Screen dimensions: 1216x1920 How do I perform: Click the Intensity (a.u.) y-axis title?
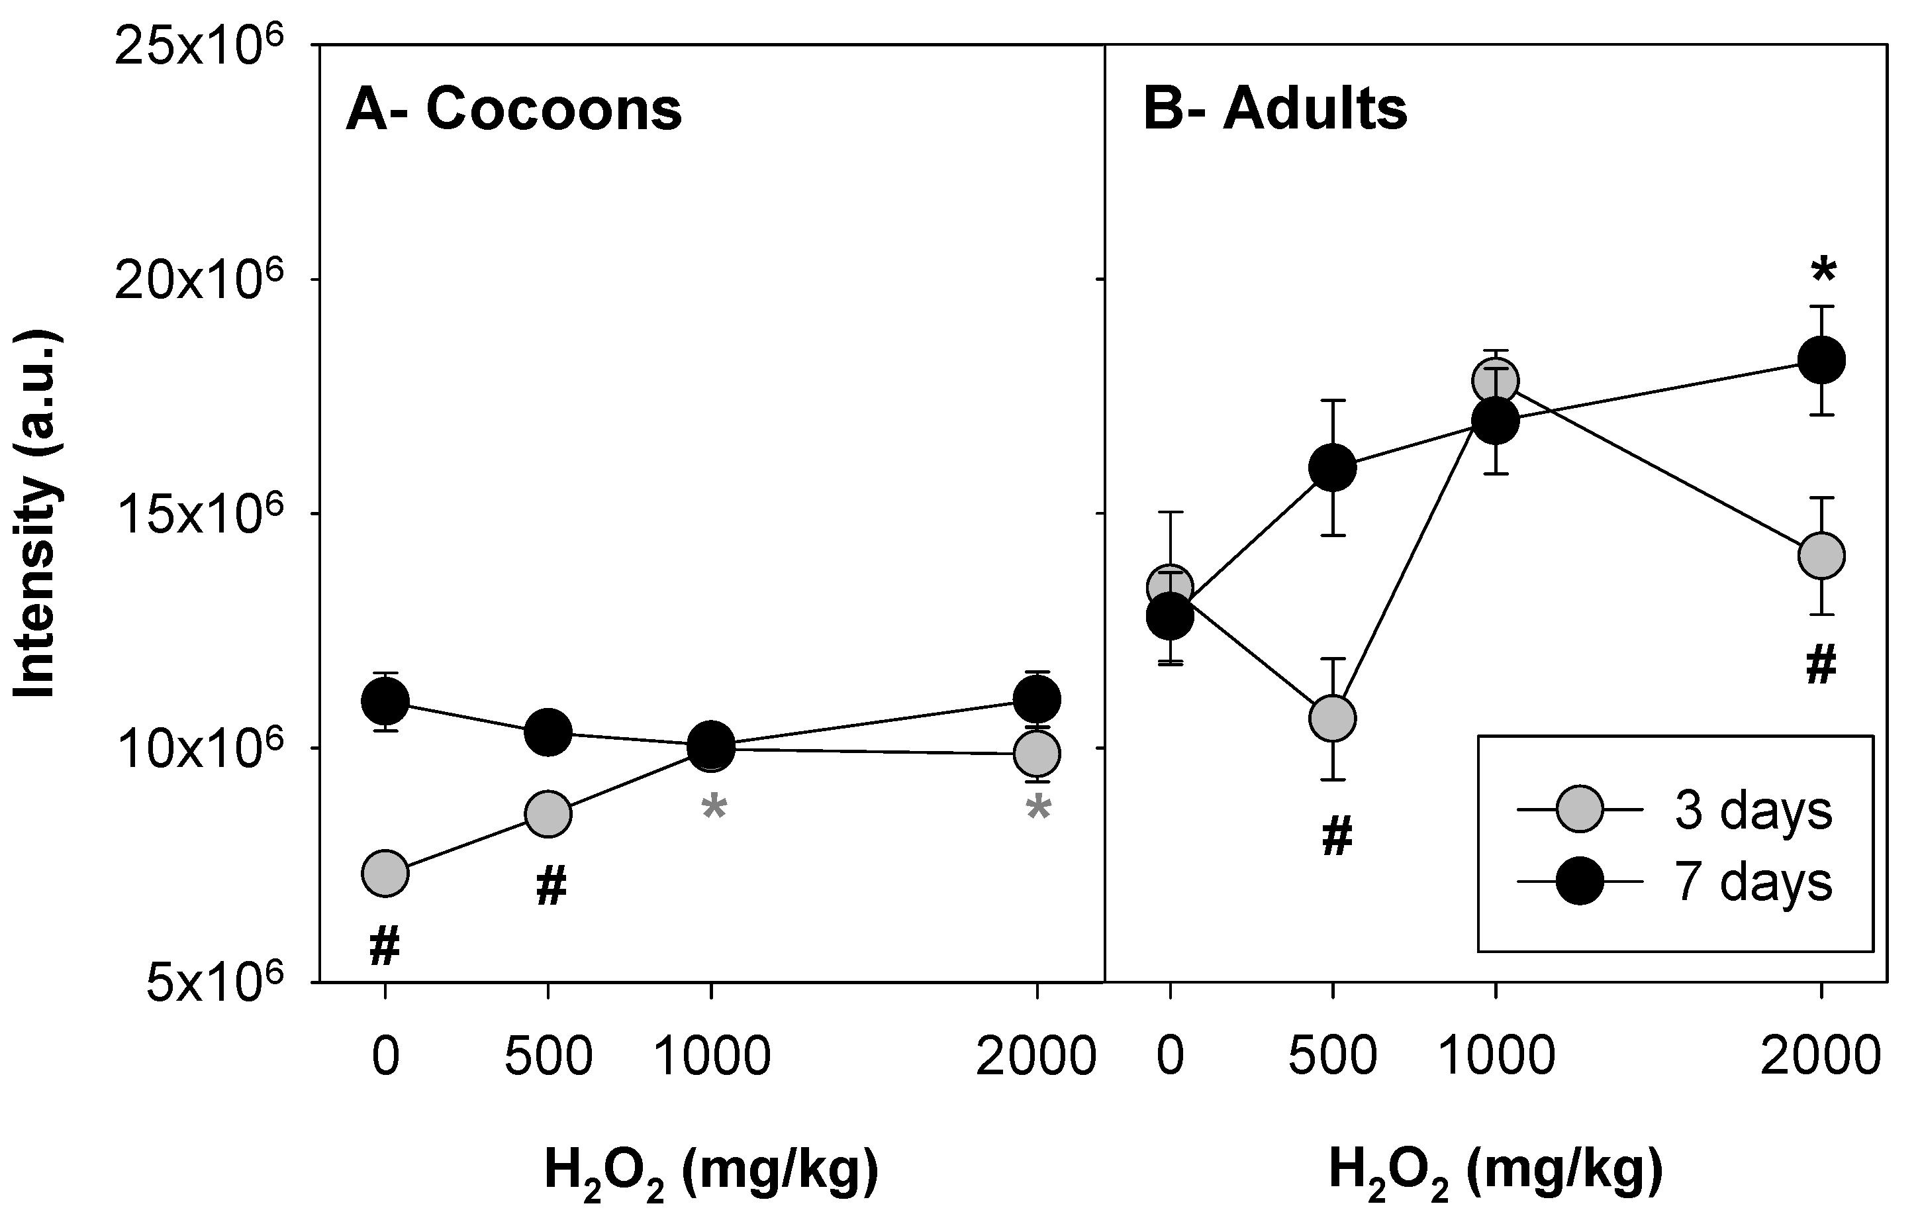point(36,515)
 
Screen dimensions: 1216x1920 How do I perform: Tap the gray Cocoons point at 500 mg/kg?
point(548,814)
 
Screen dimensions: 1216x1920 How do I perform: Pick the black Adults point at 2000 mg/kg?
point(1821,360)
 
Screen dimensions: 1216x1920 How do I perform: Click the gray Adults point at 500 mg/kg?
point(1332,719)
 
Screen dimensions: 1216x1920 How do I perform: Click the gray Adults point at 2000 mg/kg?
point(1821,555)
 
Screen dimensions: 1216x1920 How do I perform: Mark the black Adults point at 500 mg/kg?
point(1332,468)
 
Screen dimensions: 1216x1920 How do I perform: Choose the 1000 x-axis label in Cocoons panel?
point(711,1056)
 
